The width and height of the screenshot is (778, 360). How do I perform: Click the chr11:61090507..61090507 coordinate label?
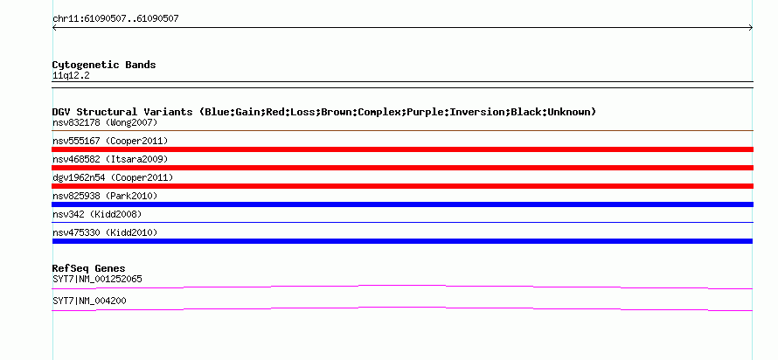(115, 19)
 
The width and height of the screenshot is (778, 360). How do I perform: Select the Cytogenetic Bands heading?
(104, 65)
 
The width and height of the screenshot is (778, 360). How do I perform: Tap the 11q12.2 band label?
(71, 76)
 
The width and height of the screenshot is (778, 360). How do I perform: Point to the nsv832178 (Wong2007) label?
(105, 122)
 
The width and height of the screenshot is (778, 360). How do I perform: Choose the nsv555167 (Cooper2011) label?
(110, 142)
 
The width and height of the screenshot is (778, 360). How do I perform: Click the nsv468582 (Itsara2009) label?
(110, 160)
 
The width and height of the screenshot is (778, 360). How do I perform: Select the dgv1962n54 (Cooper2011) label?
(113, 177)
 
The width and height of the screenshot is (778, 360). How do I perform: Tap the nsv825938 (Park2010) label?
(105, 197)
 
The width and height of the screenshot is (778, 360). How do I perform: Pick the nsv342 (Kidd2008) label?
(97, 215)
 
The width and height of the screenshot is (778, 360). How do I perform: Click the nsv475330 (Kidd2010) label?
(105, 232)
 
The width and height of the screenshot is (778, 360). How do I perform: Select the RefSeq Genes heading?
(89, 269)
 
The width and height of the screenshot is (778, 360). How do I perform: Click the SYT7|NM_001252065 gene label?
(97, 279)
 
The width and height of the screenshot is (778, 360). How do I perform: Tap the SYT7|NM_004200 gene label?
(89, 301)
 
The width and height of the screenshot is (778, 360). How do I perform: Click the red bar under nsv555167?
(402, 149)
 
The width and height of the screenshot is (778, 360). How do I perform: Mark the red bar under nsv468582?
(402, 168)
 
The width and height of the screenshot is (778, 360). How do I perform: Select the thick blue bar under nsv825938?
(402, 204)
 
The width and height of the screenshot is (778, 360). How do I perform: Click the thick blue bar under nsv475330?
(402, 241)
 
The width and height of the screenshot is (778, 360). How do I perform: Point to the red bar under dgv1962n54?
(402, 186)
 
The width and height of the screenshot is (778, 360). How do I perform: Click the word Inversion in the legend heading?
(476, 112)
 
